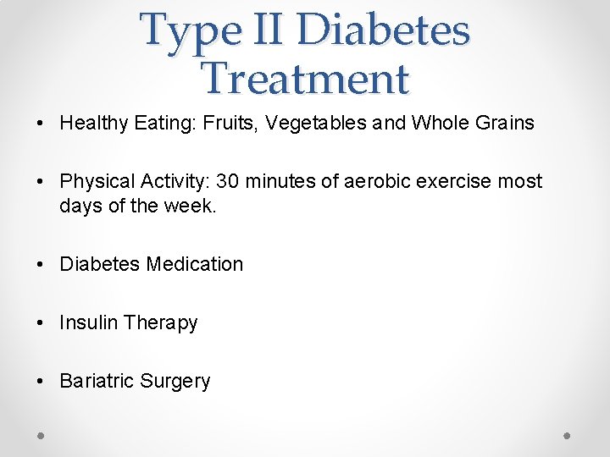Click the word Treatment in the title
tap(306, 79)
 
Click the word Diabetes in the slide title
tap(384, 30)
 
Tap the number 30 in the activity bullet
tap(228, 181)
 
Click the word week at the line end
tap(193, 205)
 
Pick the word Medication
tap(194, 264)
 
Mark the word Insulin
tap(88, 322)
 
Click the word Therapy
tap(160, 323)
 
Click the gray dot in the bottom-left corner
tap(42, 435)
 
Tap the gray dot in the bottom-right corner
tap(568, 435)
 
